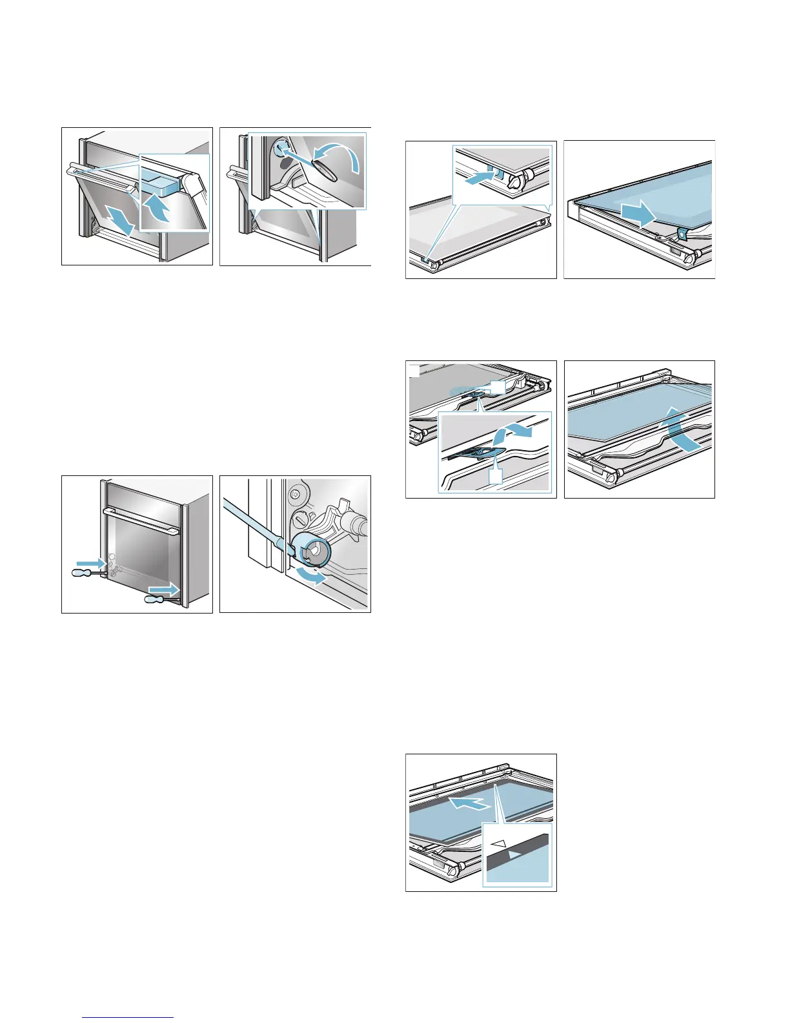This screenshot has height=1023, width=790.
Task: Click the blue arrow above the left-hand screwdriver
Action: pyautogui.click(x=90, y=564)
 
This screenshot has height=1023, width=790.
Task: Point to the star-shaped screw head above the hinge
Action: pyautogui.click(x=296, y=495)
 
